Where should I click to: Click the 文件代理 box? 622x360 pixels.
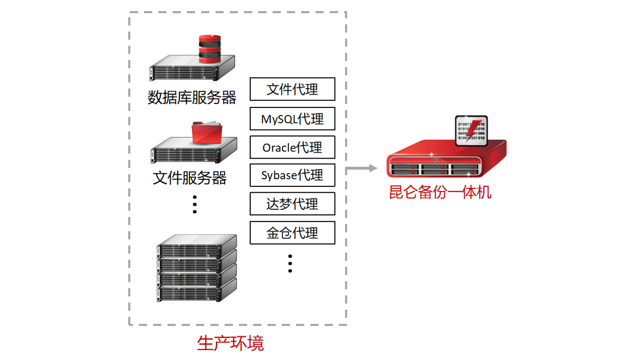coord(292,89)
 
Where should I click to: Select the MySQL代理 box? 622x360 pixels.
coord(292,118)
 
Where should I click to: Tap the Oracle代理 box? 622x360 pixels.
coord(292,147)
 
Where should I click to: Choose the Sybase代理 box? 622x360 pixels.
coord(292,175)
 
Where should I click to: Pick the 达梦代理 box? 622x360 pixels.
coord(292,204)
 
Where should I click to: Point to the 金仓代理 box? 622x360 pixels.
coord(292,232)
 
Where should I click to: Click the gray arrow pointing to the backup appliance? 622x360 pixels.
coord(362,168)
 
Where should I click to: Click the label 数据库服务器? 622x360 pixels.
coord(191,97)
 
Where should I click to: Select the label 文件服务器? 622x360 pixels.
coord(190,177)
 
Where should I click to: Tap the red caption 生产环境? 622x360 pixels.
coord(231,343)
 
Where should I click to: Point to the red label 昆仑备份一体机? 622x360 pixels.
coord(440,192)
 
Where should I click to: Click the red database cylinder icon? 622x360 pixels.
coord(210,49)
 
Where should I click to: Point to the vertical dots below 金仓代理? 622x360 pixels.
coord(290,263)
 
